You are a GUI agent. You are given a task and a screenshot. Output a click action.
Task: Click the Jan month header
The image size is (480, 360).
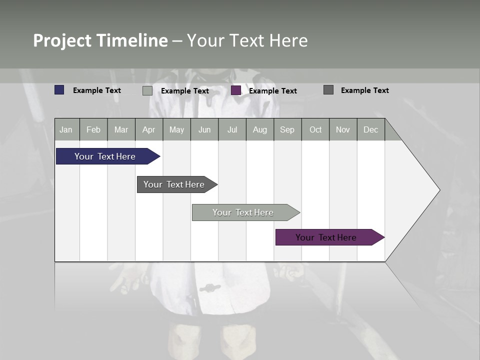click(66, 129)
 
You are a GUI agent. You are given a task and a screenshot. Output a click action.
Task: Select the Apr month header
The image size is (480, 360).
click(149, 129)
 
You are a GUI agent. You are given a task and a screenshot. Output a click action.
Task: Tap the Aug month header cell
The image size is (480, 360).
click(260, 129)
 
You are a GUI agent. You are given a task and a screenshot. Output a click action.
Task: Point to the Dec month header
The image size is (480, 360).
click(371, 129)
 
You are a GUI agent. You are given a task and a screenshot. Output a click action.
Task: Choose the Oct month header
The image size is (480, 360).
click(315, 129)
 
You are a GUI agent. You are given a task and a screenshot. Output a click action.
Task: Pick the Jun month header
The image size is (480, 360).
click(204, 129)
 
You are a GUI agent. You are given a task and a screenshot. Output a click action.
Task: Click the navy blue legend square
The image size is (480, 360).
click(59, 90)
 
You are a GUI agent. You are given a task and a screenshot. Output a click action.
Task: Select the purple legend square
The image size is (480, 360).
click(236, 90)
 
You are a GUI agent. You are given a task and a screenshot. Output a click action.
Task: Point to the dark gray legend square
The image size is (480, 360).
click(328, 90)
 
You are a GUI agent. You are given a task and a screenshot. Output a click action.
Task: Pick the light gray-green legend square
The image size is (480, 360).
click(147, 90)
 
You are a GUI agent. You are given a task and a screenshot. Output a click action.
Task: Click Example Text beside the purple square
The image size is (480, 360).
click(273, 91)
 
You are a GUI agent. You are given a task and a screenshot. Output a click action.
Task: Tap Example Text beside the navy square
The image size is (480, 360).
click(97, 90)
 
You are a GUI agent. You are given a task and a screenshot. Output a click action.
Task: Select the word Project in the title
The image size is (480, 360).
click(62, 40)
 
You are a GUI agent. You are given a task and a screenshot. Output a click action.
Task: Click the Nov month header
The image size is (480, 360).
click(343, 129)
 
